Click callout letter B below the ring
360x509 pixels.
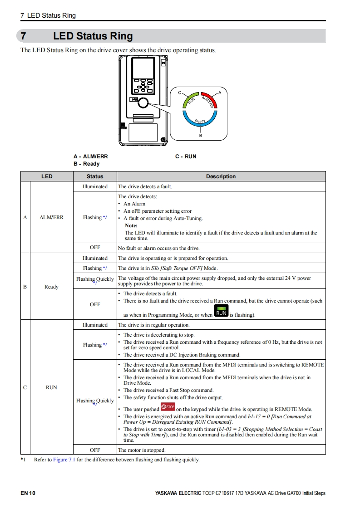(200, 136)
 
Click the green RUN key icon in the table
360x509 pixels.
(221, 312)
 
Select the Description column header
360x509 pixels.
(221, 176)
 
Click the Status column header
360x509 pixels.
(95, 176)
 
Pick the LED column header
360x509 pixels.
(47, 176)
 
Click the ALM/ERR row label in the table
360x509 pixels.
(52, 217)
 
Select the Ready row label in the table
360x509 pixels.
(52, 287)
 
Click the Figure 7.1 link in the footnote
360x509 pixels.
(64, 460)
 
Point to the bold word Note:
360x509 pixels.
(131, 225)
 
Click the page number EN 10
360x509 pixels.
(28, 493)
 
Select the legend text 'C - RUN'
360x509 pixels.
(186, 157)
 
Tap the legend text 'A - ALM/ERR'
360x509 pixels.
(91, 157)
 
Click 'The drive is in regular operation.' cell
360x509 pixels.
(154, 325)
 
